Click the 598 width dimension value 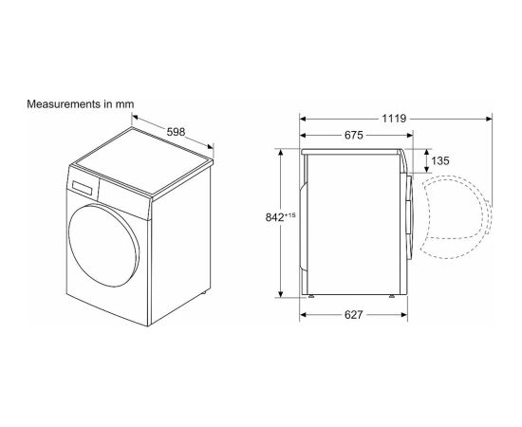click(x=176, y=132)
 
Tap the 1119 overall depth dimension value click(x=394, y=119)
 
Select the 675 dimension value click(x=354, y=135)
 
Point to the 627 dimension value click(x=353, y=315)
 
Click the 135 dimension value click(x=440, y=161)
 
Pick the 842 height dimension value click(x=274, y=217)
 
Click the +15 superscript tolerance click(x=290, y=215)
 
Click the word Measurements click(x=64, y=104)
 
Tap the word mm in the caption click(x=124, y=104)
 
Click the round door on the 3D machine click(x=103, y=246)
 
